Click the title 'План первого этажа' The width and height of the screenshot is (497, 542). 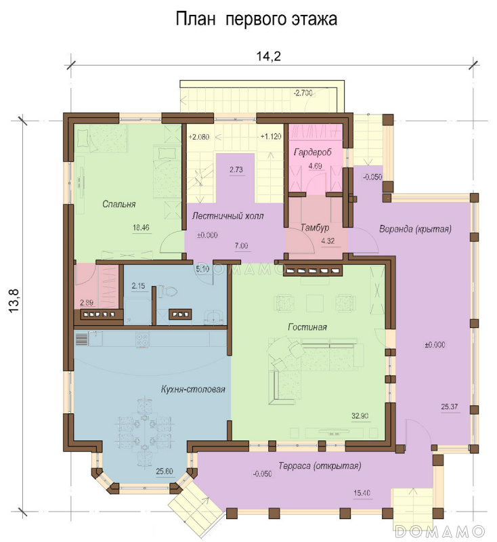pyautogui.click(x=256, y=20)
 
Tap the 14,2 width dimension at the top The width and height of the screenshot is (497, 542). pyautogui.click(x=268, y=56)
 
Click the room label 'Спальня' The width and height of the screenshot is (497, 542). pyautogui.click(x=118, y=204)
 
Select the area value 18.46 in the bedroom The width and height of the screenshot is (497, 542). pyautogui.click(x=141, y=228)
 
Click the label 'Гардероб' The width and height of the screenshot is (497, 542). pyautogui.click(x=313, y=152)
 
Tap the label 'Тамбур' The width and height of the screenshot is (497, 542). pyautogui.click(x=314, y=228)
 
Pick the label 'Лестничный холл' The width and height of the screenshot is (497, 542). pyautogui.click(x=228, y=216)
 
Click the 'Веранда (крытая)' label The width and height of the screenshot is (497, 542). pyautogui.click(x=415, y=229)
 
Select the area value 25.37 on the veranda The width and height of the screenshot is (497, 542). pyautogui.click(x=450, y=406)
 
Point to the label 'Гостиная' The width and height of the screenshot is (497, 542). pyautogui.click(x=307, y=327)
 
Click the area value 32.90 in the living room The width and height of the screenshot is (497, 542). pyautogui.click(x=360, y=416)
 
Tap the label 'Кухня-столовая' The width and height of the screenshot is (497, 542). pyautogui.click(x=193, y=389)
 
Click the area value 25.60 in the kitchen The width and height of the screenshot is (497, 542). pyautogui.click(x=165, y=471)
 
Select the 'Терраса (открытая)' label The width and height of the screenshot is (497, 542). pyautogui.click(x=320, y=466)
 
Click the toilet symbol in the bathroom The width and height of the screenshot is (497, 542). pyautogui.click(x=168, y=291)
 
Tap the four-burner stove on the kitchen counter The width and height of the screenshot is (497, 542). pyautogui.click(x=142, y=339)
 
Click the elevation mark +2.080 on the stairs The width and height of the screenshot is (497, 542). pyautogui.click(x=198, y=137)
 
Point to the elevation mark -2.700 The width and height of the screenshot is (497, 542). pyautogui.click(x=303, y=93)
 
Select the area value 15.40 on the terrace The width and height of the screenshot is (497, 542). pyautogui.click(x=362, y=493)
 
